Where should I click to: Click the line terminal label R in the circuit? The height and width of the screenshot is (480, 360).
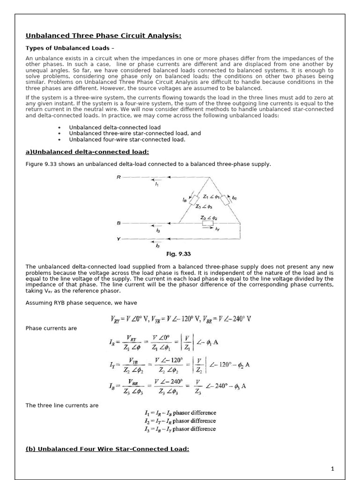tap(119, 177)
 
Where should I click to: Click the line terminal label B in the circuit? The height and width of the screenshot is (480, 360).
tap(119, 223)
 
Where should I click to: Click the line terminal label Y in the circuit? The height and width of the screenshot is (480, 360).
tap(119, 239)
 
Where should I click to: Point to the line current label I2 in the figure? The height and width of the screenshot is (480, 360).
tap(158, 246)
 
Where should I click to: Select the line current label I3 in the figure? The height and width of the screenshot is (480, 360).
tap(158, 230)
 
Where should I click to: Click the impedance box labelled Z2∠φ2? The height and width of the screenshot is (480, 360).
tap(207, 223)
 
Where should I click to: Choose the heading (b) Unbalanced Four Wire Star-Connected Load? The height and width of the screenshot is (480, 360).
tap(107, 449)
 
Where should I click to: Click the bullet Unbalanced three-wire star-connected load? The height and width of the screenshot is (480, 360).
tap(135, 133)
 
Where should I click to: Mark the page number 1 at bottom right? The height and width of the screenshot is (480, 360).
tap(331, 468)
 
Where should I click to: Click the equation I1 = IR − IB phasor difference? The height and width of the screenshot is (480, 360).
tap(180, 413)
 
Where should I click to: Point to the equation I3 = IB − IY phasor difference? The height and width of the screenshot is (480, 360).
tap(180, 429)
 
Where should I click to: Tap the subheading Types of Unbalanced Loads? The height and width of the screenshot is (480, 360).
tap(70, 48)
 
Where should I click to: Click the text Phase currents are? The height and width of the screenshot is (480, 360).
tap(51, 328)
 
